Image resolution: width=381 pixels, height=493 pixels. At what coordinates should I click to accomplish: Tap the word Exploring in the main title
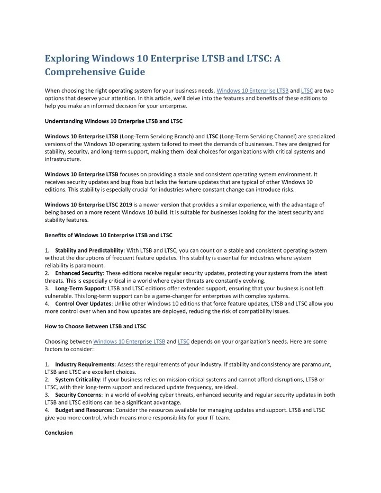[x=67, y=56]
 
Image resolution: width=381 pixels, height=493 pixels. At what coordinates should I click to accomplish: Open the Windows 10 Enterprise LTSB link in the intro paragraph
[x=252, y=91]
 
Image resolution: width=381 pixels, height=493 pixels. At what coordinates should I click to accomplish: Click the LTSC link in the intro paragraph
[x=306, y=91]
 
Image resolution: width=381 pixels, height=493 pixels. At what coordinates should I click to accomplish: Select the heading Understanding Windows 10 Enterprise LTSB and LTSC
[x=113, y=121]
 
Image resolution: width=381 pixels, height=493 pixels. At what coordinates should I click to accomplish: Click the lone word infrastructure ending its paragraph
[x=63, y=158]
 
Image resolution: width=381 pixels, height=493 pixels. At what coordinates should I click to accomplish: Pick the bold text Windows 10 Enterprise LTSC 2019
[x=88, y=204]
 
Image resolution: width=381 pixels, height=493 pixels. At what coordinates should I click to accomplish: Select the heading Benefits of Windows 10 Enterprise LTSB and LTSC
[x=108, y=235]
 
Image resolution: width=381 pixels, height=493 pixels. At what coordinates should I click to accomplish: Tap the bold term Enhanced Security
[x=79, y=273]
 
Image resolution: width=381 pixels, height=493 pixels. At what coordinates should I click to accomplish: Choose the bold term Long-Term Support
[x=79, y=288]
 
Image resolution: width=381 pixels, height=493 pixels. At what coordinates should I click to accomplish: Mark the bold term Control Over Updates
[x=82, y=303]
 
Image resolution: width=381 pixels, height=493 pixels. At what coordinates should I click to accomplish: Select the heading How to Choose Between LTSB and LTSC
[x=95, y=326]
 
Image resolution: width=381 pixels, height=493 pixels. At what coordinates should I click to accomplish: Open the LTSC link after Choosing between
[x=184, y=342]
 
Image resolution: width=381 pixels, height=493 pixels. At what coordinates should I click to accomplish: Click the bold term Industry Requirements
[x=85, y=364]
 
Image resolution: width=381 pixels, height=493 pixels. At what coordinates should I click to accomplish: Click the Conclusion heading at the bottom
[x=59, y=433]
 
